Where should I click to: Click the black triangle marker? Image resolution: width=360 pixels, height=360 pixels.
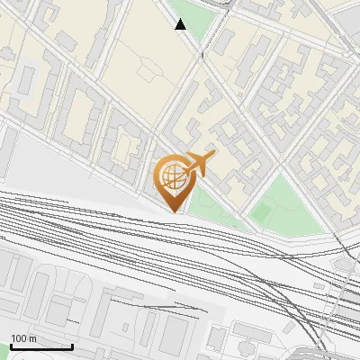(181, 24)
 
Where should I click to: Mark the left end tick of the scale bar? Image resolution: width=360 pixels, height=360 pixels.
(11, 346)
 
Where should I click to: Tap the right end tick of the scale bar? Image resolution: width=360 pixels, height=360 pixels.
(72, 346)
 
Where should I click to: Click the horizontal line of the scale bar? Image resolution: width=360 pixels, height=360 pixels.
(41, 347)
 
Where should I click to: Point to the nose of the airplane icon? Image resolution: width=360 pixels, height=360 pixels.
(214, 156)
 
